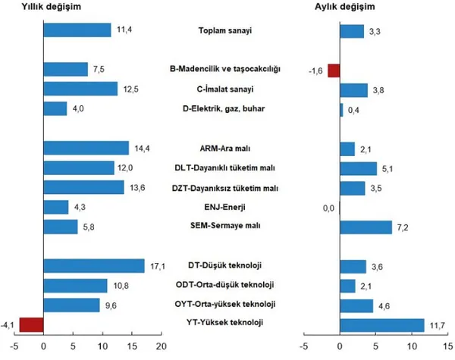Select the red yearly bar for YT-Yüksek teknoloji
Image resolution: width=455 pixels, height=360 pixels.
(x=31, y=325)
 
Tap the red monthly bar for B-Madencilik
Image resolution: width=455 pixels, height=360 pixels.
(x=334, y=70)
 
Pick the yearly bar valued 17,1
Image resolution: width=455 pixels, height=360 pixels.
(x=94, y=266)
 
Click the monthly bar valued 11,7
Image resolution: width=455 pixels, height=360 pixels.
(x=381, y=325)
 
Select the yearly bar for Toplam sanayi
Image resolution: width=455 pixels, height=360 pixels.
(x=77, y=31)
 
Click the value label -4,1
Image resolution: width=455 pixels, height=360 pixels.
(x=9, y=324)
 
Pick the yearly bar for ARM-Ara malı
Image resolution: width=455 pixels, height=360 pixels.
(x=86, y=149)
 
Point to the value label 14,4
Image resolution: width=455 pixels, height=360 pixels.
(x=141, y=149)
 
